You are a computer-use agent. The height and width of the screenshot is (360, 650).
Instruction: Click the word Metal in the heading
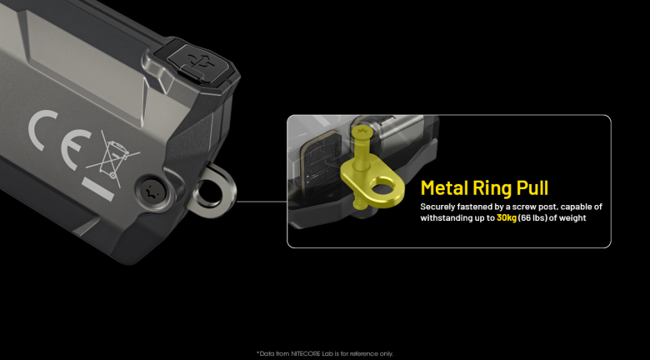pos(444,187)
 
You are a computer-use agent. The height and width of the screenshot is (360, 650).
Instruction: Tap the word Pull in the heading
pos(533,187)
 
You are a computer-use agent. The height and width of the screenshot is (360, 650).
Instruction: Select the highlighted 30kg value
pos(507,218)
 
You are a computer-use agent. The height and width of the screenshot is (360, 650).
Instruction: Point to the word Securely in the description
pos(437,207)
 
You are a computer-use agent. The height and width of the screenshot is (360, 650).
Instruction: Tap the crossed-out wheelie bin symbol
pos(112,157)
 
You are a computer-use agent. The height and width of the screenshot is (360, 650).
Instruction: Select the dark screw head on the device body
pos(149,192)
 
